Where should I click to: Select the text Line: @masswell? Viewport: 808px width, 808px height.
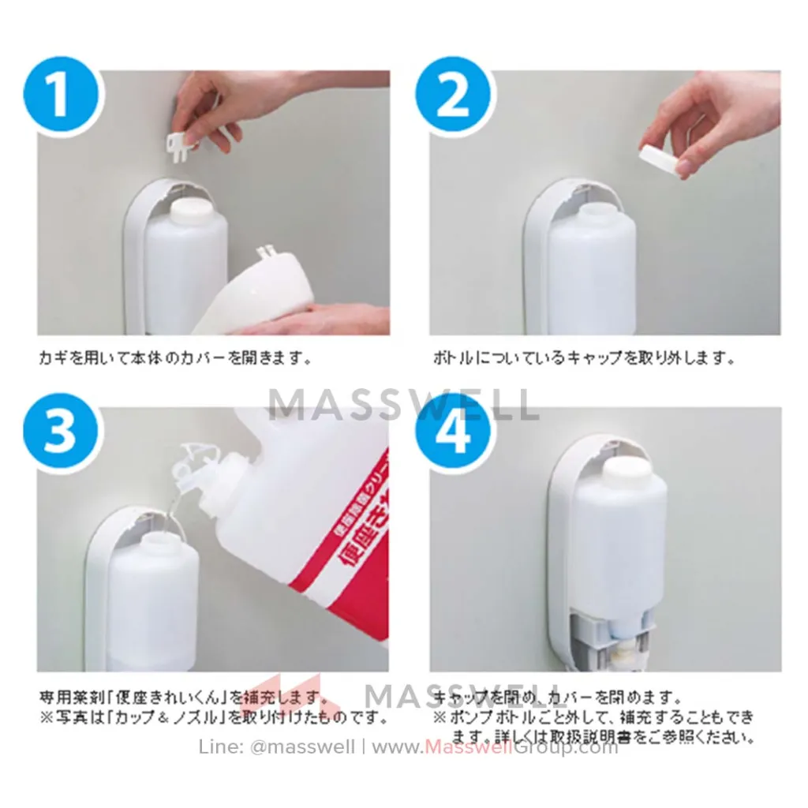276,747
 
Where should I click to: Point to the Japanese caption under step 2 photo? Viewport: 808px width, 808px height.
584,357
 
